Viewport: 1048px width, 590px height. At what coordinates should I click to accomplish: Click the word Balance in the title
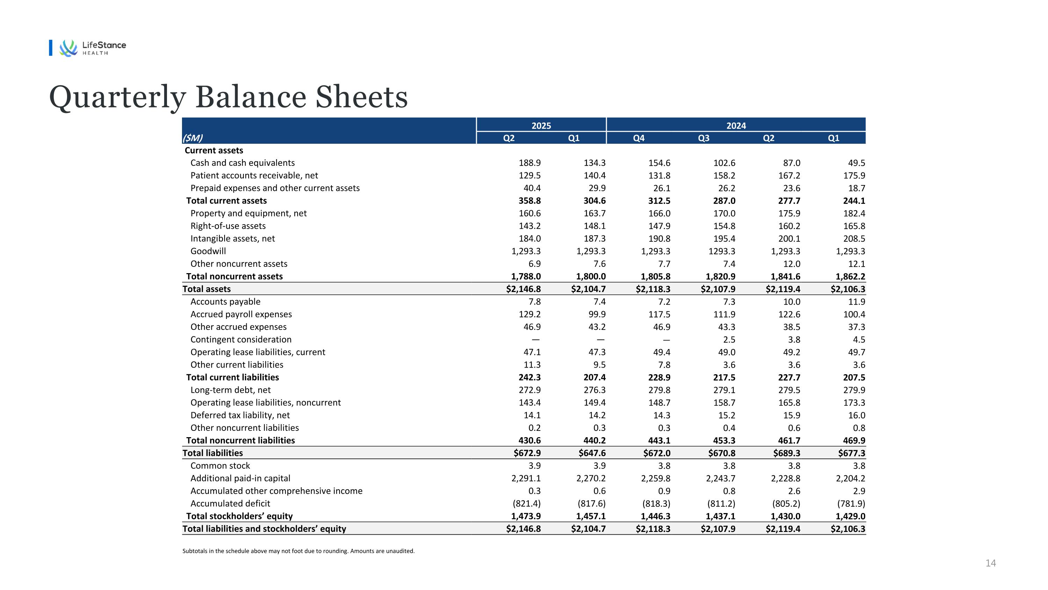250,97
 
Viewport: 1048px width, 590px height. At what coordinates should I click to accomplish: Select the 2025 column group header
541,126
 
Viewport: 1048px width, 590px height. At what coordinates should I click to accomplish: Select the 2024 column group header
736,126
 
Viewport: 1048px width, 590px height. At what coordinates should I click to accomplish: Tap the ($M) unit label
193,138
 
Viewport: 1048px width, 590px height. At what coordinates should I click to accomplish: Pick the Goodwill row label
208,251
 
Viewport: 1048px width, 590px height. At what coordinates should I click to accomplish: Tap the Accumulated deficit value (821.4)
526,504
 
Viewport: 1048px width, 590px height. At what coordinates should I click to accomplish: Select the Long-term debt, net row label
230,390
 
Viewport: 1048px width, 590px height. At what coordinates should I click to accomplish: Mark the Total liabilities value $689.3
786,453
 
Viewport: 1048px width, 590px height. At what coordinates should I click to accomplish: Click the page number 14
990,563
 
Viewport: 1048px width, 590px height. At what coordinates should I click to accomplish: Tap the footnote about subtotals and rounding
298,551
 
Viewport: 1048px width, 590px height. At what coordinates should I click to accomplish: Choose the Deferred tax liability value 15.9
791,415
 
